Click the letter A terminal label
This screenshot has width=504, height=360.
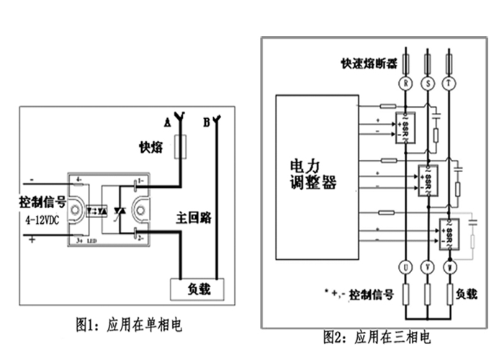pos(167,122)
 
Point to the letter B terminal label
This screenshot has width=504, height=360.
pos(206,122)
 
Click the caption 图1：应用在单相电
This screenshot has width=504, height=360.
pos(130,325)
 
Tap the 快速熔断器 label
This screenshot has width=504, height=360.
pos(369,63)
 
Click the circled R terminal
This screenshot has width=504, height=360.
pos(406,84)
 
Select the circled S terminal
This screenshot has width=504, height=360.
pos(429,84)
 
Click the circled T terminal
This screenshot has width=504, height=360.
pos(451,84)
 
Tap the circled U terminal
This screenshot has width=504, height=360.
pos(406,267)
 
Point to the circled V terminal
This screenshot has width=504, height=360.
pos(429,267)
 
